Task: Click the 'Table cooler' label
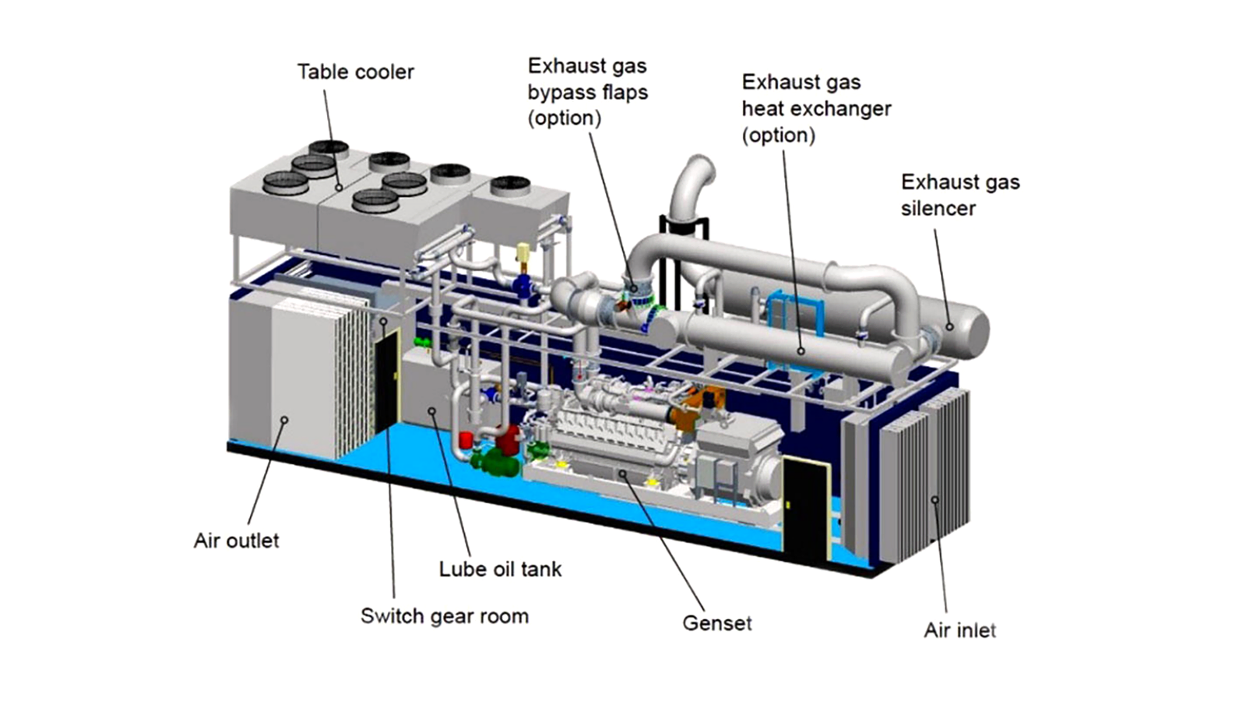click(355, 72)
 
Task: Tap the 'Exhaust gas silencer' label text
click(959, 195)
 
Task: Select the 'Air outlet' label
click(236, 541)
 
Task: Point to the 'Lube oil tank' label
click(500, 569)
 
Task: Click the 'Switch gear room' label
click(444, 616)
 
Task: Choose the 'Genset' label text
click(716, 623)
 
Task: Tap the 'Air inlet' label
click(959, 630)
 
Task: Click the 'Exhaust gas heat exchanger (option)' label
click(815, 108)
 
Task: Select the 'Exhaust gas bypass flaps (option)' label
click(587, 92)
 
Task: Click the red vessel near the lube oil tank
click(508, 441)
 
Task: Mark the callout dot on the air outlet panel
click(285, 419)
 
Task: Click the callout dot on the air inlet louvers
click(935, 499)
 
